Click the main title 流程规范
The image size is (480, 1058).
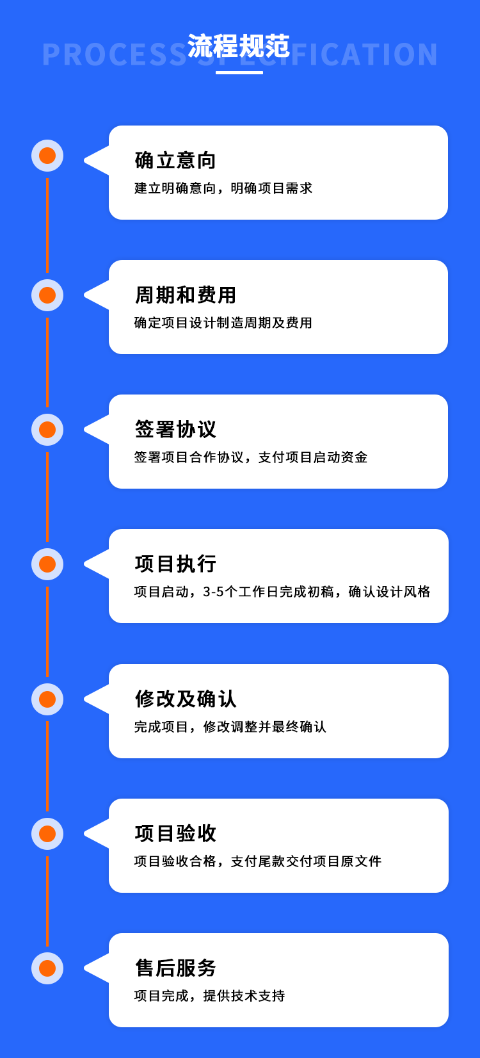point(238,46)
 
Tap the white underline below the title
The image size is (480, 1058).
point(239,72)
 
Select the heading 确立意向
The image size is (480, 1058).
point(175,161)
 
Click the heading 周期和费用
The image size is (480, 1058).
point(186,295)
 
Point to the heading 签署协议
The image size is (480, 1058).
point(175,429)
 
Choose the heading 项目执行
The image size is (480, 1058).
point(175,564)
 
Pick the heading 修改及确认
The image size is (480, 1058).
point(186,699)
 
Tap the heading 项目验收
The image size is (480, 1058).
point(175,834)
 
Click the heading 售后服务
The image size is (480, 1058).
point(175,968)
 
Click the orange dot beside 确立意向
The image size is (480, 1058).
point(47,156)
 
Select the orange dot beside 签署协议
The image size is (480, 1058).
point(47,430)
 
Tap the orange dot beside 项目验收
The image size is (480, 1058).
point(47,834)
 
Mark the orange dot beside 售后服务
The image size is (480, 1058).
point(47,968)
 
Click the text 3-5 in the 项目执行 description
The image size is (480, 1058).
point(213,592)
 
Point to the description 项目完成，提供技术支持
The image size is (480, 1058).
point(209,996)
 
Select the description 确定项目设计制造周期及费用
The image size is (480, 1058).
point(223,323)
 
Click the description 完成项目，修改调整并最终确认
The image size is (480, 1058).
point(230,726)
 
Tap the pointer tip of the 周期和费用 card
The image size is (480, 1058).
point(84,295)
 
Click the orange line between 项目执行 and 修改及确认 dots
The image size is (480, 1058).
point(47,631)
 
